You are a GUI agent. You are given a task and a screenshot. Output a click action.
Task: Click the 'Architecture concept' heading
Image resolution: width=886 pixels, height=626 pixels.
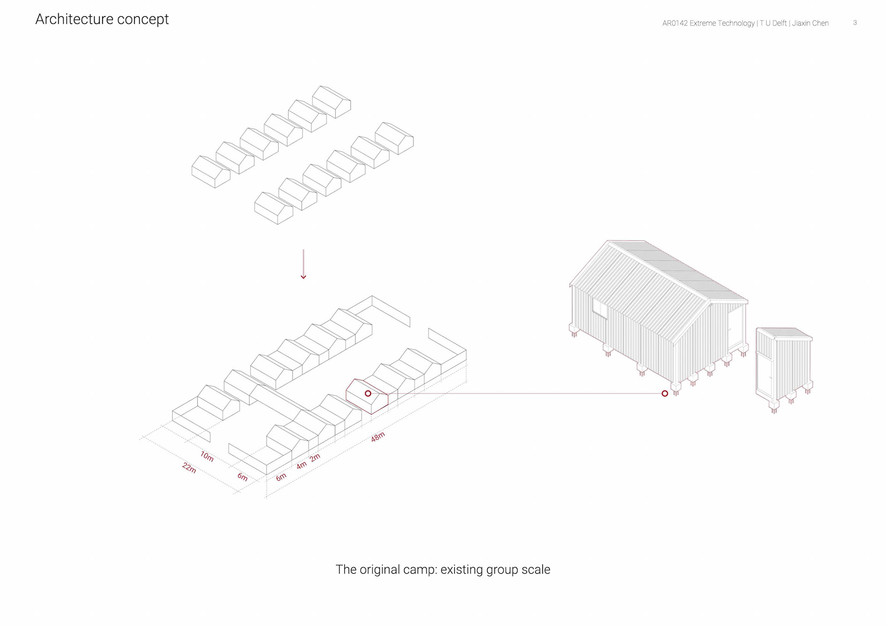pyautogui.click(x=102, y=19)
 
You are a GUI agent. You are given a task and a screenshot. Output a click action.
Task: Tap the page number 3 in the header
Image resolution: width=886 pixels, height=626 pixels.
pyautogui.click(x=855, y=23)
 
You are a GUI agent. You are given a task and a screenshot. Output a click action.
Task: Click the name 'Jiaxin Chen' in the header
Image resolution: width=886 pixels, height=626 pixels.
pyautogui.click(x=810, y=23)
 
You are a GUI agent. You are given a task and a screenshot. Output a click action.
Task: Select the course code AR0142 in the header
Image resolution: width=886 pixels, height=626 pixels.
pyautogui.click(x=675, y=23)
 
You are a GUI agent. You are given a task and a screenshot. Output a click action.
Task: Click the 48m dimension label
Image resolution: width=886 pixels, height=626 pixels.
pyautogui.click(x=377, y=437)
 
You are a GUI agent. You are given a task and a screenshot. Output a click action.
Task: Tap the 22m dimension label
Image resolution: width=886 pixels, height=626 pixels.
pyautogui.click(x=189, y=467)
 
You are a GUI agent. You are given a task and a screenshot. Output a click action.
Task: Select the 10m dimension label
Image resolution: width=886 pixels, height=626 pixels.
pyautogui.click(x=207, y=456)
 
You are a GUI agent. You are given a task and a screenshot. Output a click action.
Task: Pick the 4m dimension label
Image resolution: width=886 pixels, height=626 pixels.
pyautogui.click(x=301, y=465)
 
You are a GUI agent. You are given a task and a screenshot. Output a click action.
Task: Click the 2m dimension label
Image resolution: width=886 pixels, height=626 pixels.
pyautogui.click(x=315, y=458)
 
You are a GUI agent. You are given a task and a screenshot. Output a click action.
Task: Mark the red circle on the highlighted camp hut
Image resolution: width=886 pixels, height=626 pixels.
pyautogui.click(x=368, y=393)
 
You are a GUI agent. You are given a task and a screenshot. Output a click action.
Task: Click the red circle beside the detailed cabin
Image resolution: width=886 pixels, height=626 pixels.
pyautogui.click(x=664, y=393)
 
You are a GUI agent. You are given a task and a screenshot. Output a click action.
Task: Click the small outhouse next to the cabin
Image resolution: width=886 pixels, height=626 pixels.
pyautogui.click(x=784, y=364)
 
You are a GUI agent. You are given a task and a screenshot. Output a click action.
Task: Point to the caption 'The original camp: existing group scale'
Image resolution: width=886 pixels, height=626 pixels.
pyautogui.click(x=443, y=569)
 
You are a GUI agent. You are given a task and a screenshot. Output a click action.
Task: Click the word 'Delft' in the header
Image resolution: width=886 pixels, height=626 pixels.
pyautogui.click(x=778, y=23)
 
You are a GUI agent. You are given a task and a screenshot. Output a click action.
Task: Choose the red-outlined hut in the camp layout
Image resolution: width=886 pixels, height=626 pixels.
pyautogui.click(x=367, y=397)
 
